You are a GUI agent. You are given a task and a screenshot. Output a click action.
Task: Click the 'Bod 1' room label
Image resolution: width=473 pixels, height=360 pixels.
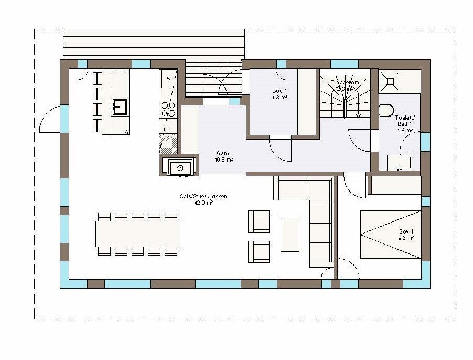point(279,91)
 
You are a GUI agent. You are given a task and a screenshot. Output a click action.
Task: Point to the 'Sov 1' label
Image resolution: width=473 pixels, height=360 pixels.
point(406,231)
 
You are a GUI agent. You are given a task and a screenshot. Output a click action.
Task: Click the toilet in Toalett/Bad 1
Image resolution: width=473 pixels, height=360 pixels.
point(386,111)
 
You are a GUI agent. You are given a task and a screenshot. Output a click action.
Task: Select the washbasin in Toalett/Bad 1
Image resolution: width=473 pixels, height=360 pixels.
point(400,163)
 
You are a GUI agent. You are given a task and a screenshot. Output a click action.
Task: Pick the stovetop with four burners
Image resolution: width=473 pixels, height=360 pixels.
point(168,109)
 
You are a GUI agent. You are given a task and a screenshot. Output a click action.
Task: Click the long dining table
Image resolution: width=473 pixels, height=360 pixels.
point(137,234)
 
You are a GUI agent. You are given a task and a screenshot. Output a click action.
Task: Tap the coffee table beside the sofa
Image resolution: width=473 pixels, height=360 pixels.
point(289,235)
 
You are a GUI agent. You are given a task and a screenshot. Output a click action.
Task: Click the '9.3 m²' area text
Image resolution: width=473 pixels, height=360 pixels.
point(406,238)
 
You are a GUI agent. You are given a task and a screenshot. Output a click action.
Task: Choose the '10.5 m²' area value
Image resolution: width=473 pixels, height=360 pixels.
point(224,160)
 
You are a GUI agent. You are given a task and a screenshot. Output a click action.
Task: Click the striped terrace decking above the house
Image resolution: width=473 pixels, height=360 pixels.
point(154,44)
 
